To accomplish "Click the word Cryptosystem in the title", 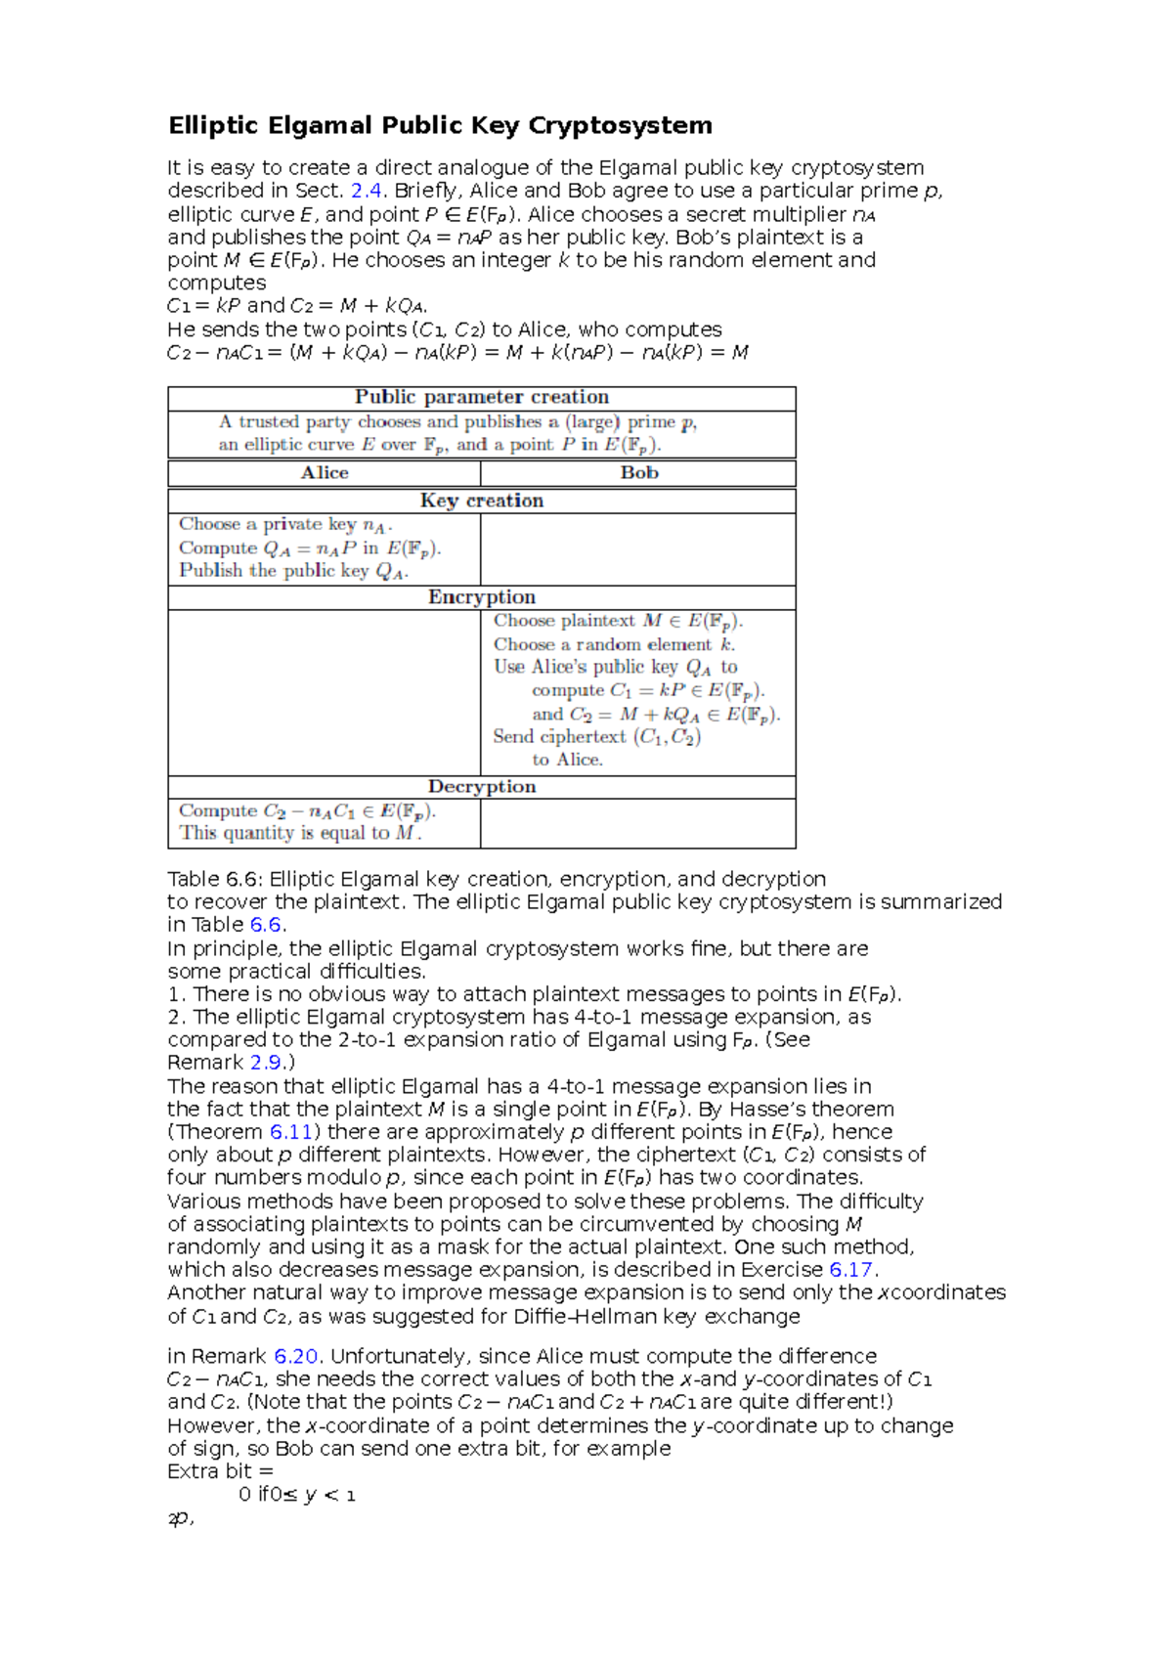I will [620, 126].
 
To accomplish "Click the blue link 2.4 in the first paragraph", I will [366, 191].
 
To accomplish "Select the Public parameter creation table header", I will [481, 397].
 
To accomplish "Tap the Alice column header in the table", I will [325, 473].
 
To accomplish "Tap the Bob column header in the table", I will [639, 473].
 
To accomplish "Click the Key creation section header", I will [481, 501].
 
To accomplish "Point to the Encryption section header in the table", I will [481, 597].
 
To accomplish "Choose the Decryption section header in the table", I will [481, 787].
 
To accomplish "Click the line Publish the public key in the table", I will [293, 571].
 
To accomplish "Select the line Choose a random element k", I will [614, 645].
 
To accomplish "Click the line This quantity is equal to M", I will [300, 833].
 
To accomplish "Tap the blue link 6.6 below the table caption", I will [267, 925].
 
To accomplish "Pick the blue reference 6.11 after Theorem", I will [290, 1132].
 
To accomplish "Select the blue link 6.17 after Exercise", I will [850, 1270].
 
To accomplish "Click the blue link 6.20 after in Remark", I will [295, 1357].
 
